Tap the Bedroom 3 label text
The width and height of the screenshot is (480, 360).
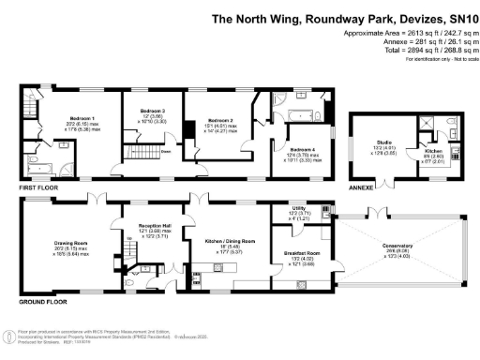click(141, 111)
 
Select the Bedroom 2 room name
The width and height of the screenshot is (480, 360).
click(221, 121)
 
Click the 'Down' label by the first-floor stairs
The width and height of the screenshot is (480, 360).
click(164, 151)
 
